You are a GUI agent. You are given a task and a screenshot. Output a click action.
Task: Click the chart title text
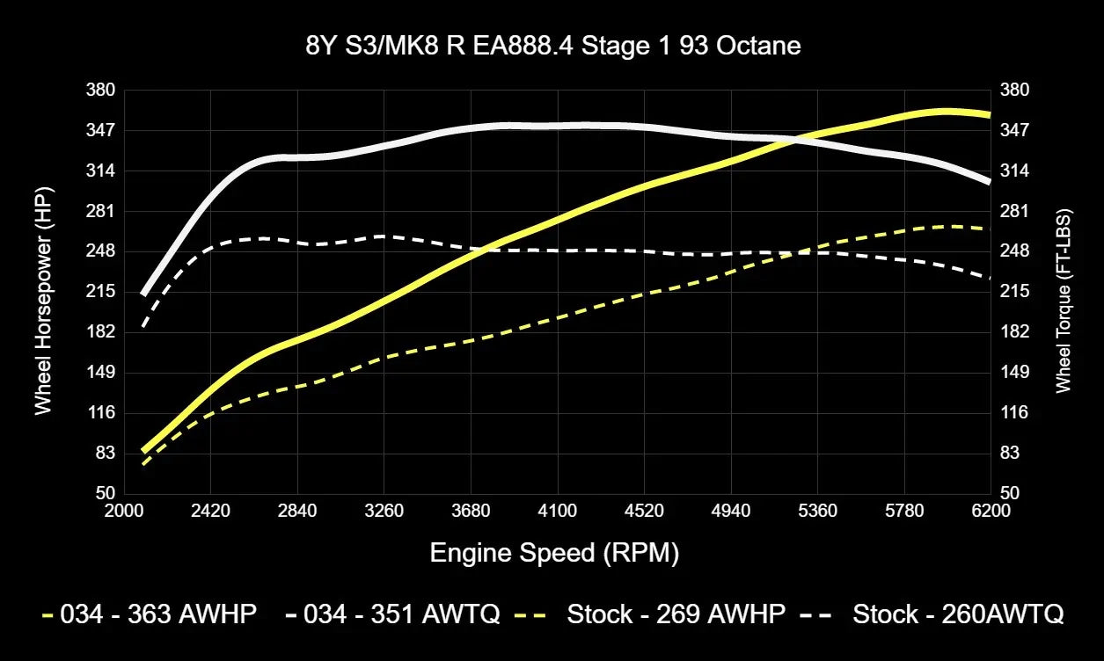pyautogui.click(x=552, y=46)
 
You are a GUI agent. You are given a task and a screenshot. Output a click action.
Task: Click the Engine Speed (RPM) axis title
pyautogui.click(x=554, y=553)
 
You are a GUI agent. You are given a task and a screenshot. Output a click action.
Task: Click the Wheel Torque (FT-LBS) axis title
pyautogui.click(x=1064, y=301)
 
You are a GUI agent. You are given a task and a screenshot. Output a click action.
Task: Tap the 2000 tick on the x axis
pyautogui.click(x=124, y=511)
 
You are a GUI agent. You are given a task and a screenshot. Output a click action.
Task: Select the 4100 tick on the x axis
pyautogui.click(x=558, y=511)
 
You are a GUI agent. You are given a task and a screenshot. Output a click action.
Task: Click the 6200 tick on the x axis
pyautogui.click(x=991, y=511)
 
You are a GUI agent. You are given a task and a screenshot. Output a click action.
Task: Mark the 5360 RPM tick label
pyautogui.click(x=818, y=511)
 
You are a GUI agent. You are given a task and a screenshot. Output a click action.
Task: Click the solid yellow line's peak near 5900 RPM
pyautogui.click(x=946, y=112)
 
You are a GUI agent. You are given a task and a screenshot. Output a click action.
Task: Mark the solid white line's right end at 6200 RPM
pyautogui.click(x=990, y=181)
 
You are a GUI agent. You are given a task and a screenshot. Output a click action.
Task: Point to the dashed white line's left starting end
pyautogui.click(x=143, y=328)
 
